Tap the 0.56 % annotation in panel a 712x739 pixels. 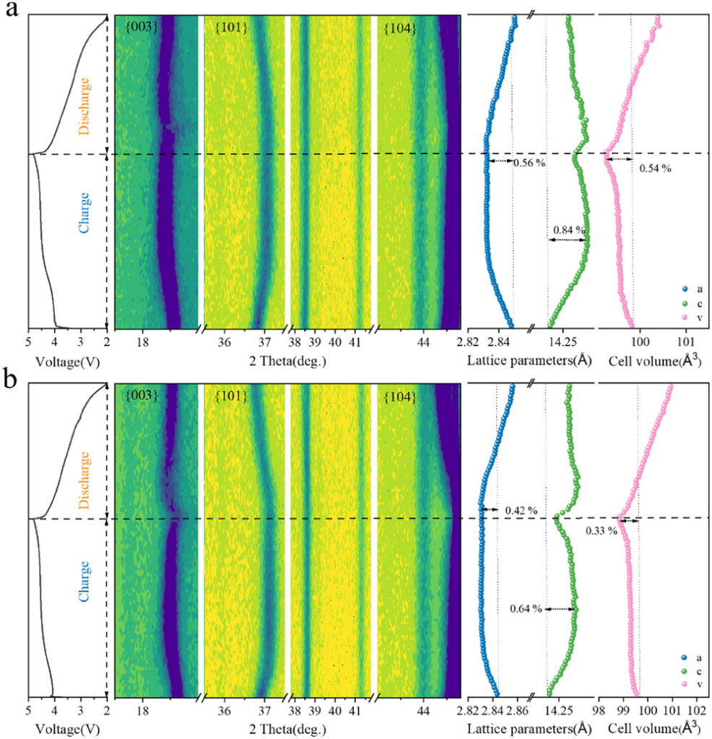tap(529, 163)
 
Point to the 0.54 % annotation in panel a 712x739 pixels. tap(655, 168)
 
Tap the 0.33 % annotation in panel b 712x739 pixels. tap(601, 530)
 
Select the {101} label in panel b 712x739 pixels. tap(231, 395)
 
